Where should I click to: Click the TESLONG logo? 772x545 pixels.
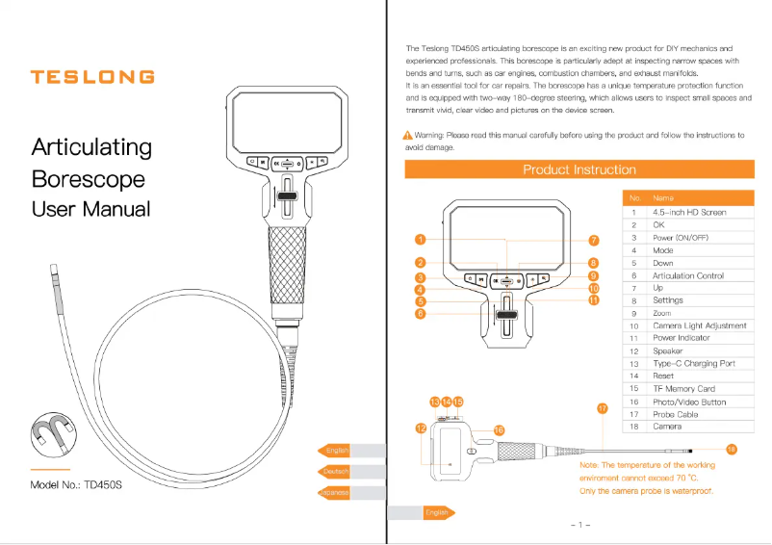coord(91,77)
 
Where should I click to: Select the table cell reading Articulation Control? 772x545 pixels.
coord(688,275)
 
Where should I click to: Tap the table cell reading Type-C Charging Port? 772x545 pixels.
coord(694,364)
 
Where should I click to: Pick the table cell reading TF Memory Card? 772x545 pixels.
coord(684,389)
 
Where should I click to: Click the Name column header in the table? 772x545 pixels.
coord(663,198)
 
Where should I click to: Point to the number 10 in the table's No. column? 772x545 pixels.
coord(634,326)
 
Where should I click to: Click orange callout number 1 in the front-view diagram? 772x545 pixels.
coord(421,239)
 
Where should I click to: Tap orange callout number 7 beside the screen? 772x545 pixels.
coord(594,240)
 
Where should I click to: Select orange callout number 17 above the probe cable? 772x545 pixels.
coord(604,408)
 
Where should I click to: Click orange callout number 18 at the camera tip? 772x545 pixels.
coord(732,449)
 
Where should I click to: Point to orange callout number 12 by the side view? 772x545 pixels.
coord(421,428)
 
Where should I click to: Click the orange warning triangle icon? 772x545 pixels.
coord(408,136)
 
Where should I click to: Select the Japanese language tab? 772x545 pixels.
coord(334,493)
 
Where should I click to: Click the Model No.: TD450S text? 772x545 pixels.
coord(77,485)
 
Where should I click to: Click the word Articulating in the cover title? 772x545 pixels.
coord(91,147)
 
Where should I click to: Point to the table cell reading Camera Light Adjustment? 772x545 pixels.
coord(700,326)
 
